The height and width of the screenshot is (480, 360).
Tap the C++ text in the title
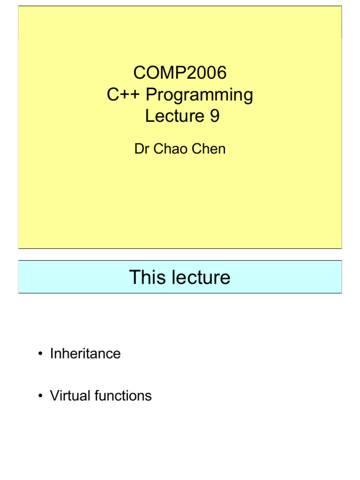point(123,95)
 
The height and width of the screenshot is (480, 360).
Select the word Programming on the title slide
point(199,96)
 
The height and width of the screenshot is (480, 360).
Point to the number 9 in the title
point(214,117)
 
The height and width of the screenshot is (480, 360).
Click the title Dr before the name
point(141,149)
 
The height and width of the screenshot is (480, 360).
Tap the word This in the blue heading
point(146,277)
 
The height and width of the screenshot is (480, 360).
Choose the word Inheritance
point(85,353)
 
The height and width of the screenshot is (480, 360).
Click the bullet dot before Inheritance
point(41,354)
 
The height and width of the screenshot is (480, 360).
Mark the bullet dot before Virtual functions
point(41,396)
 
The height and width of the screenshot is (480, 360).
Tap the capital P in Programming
point(151,95)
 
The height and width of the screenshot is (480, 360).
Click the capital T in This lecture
point(135,277)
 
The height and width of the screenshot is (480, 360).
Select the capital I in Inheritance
point(52,353)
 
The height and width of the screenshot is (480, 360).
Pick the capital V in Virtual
point(54,396)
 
